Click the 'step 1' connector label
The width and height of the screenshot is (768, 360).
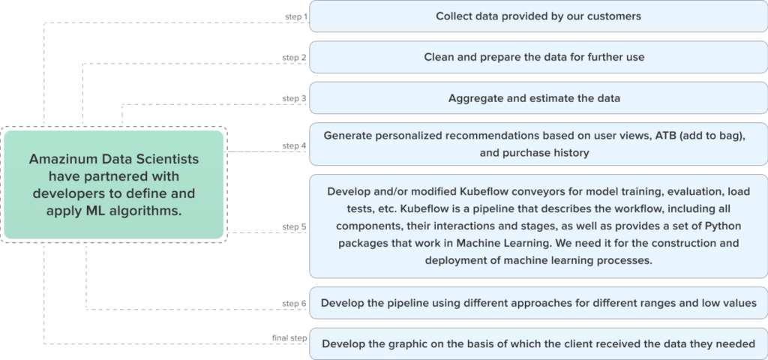295,16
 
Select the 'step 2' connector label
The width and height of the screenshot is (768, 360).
295,57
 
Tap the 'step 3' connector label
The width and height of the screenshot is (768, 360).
295,97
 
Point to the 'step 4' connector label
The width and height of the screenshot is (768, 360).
295,145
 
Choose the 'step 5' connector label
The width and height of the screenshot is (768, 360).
295,226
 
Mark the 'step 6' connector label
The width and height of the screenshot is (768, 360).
295,303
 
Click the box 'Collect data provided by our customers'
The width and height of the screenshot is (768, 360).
538,16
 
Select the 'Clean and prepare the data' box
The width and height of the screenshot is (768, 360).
538,57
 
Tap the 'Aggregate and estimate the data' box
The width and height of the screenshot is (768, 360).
538,98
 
